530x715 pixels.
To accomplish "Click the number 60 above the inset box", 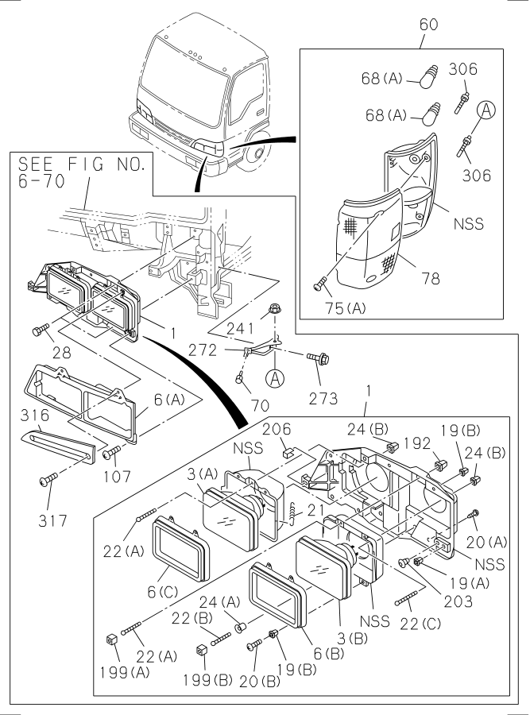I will click(x=429, y=25).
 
